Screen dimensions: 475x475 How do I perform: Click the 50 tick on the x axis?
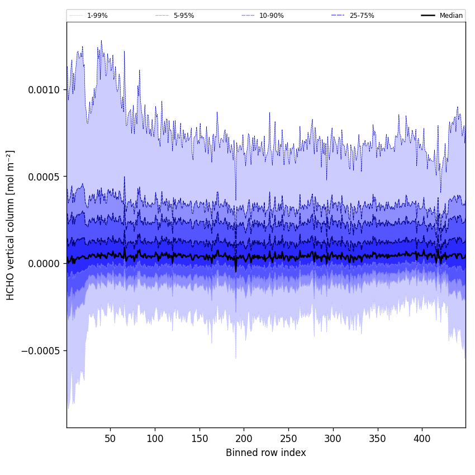(x=110, y=438)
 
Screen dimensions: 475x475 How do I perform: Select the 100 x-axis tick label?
(x=155, y=438)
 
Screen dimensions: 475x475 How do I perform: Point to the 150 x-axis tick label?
(x=199, y=438)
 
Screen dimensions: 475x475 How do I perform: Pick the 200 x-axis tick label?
(x=244, y=438)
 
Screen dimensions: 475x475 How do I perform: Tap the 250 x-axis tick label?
(x=288, y=438)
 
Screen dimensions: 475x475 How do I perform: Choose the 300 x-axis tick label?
(x=333, y=438)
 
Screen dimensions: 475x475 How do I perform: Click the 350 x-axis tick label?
(x=378, y=438)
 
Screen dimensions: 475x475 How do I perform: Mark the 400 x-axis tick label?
(x=422, y=438)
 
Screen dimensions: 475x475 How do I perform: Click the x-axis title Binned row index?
(x=266, y=453)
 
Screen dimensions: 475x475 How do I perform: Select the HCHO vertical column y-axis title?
(x=11, y=225)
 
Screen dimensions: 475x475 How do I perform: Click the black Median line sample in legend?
(x=428, y=16)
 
